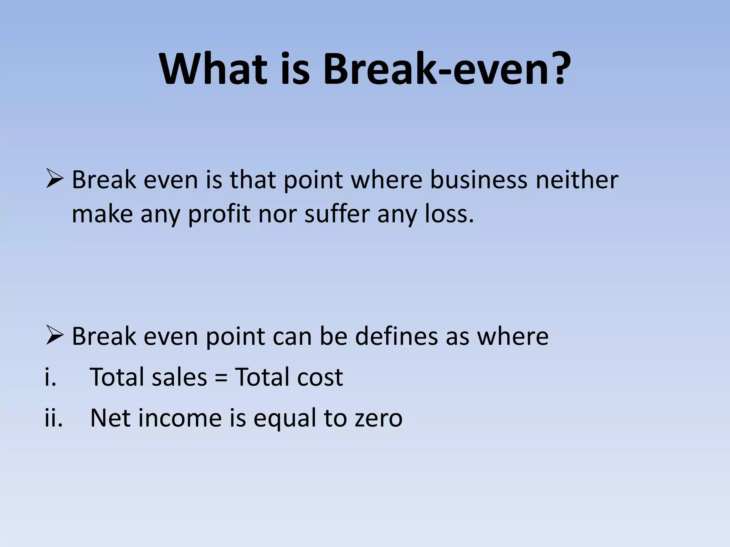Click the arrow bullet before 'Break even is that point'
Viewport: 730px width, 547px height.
click(x=55, y=180)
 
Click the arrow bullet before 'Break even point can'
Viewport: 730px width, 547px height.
click(x=55, y=336)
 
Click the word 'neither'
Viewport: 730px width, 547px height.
click(x=577, y=179)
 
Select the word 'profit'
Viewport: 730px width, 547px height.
click(x=219, y=214)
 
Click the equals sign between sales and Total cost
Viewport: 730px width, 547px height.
click(x=221, y=377)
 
